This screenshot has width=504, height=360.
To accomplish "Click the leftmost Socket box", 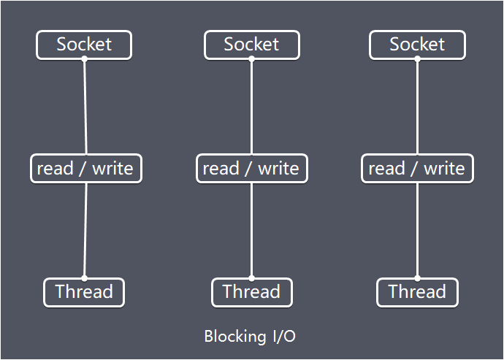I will pyautogui.click(x=84, y=45).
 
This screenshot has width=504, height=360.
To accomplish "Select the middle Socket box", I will pyautogui.click(x=251, y=45).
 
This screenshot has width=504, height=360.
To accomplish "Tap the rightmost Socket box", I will pyautogui.click(x=417, y=45).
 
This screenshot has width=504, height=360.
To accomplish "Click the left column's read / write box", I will pyautogui.click(x=85, y=169).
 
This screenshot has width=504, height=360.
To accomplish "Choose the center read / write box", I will pyautogui.click(x=251, y=169).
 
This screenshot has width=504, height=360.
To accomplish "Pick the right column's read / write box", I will pyautogui.click(x=417, y=169).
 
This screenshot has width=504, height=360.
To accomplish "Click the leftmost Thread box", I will pyautogui.click(x=84, y=292).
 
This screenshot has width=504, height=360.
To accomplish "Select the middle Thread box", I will pyautogui.click(x=251, y=292).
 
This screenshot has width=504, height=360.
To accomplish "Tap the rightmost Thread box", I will pyautogui.click(x=417, y=292).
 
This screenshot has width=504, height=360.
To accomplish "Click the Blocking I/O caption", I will pyautogui.click(x=251, y=337).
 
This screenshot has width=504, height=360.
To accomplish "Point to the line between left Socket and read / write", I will pyautogui.click(x=85, y=107).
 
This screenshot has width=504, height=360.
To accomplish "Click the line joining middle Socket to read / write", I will pyautogui.click(x=251, y=107).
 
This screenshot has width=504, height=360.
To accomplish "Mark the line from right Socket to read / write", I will pyautogui.click(x=417, y=107).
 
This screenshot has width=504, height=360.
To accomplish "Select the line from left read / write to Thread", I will pyautogui.click(x=85, y=230).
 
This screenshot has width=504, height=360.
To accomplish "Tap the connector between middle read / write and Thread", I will pyautogui.click(x=251, y=230).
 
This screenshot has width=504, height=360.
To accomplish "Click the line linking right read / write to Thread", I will pyautogui.click(x=417, y=230).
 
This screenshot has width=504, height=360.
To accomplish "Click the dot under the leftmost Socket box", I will pyautogui.click(x=84, y=59).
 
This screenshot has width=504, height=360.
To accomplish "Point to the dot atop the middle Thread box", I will pyautogui.click(x=251, y=278).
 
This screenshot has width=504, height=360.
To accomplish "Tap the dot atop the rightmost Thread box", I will pyautogui.click(x=417, y=278).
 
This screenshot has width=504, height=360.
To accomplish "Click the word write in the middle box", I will pyautogui.click(x=278, y=169).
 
